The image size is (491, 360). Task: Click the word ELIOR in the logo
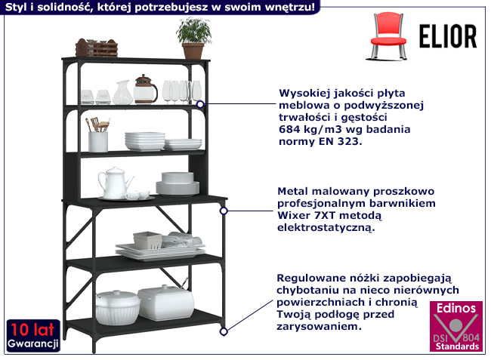click(x=449, y=36)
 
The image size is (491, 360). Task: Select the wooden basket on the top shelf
click(x=97, y=48)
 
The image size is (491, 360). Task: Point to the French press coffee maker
click(x=144, y=90)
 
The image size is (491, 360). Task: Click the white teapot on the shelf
click(x=114, y=183)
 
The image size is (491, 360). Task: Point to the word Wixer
click(x=295, y=215)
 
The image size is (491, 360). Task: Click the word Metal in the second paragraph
click(x=294, y=192)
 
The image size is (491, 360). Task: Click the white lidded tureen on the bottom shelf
click(x=118, y=306)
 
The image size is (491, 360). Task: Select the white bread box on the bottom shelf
click(x=165, y=302)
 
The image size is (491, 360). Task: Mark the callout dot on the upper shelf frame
click(x=200, y=104)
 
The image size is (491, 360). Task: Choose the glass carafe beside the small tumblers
click(x=122, y=94)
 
